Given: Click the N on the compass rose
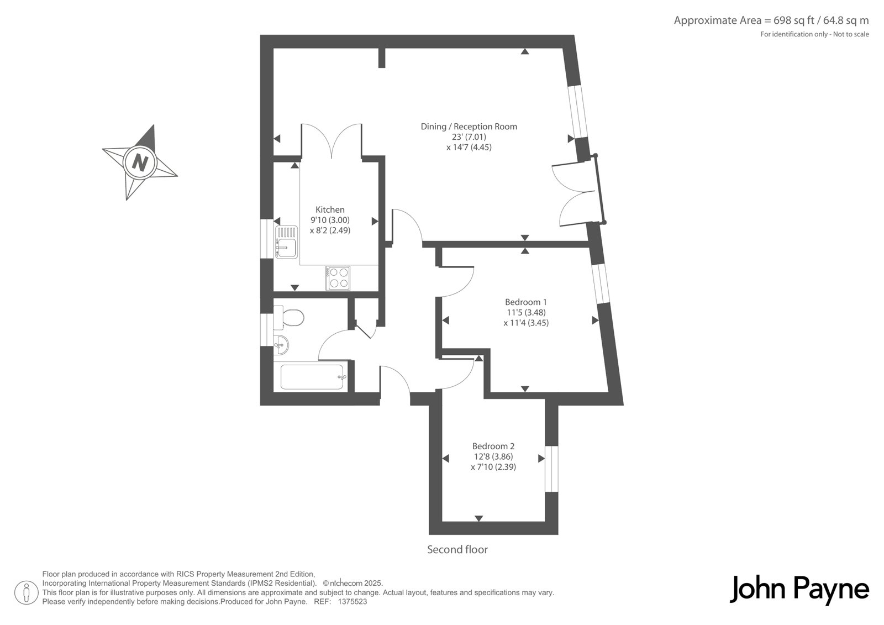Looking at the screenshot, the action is click(x=140, y=162).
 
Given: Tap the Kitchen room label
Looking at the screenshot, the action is click(x=330, y=209).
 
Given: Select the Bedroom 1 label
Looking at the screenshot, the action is click(x=525, y=302).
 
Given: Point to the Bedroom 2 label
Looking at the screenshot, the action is click(x=493, y=446).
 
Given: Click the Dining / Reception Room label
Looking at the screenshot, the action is click(x=469, y=127).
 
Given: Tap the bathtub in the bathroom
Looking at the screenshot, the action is click(x=312, y=377).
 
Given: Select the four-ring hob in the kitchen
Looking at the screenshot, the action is click(x=338, y=278).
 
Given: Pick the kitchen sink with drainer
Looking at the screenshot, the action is click(x=287, y=242).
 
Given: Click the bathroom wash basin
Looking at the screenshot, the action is click(x=281, y=345).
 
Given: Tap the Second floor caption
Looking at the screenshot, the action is click(x=457, y=550).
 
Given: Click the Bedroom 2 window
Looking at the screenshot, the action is click(x=551, y=469).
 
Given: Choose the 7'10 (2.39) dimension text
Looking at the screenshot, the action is click(x=493, y=466).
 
